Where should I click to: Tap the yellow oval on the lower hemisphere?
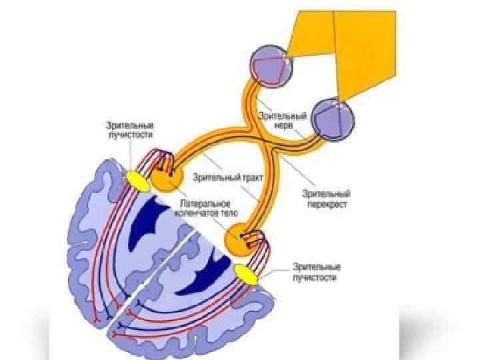click(x=245, y=273)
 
